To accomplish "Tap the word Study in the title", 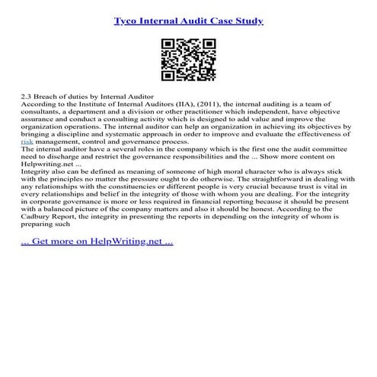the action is pos(248,21).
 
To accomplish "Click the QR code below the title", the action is pos(188,60).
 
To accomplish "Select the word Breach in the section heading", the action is pos(52,98).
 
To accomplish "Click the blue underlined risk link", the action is pos(27,141).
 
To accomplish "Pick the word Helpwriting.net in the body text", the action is pos(47,166).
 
